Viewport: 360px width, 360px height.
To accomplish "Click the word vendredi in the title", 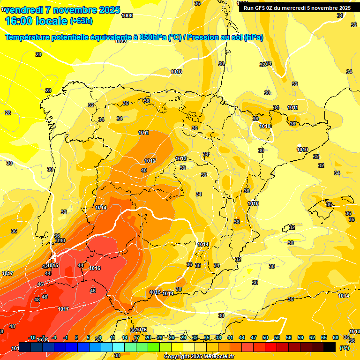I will [24, 10].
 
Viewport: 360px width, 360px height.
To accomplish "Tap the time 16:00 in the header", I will [20, 21].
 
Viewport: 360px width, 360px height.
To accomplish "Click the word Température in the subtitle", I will [29, 37].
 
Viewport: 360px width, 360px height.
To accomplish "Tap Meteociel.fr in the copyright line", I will [216, 357].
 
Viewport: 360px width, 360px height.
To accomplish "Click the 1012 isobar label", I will [150, 161].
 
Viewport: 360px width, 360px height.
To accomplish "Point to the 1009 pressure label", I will [120, 41].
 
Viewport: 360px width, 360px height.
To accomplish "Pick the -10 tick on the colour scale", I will [32, 337].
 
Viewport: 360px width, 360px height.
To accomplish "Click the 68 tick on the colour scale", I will [336, 337].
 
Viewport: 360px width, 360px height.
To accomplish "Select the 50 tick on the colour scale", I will [265, 337].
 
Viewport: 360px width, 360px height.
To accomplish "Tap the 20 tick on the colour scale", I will [148, 337].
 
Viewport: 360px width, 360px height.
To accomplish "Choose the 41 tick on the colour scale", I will [230, 337].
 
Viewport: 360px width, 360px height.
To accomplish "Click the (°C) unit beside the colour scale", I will [345, 348].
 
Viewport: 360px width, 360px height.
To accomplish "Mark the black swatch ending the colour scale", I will [330, 347].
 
